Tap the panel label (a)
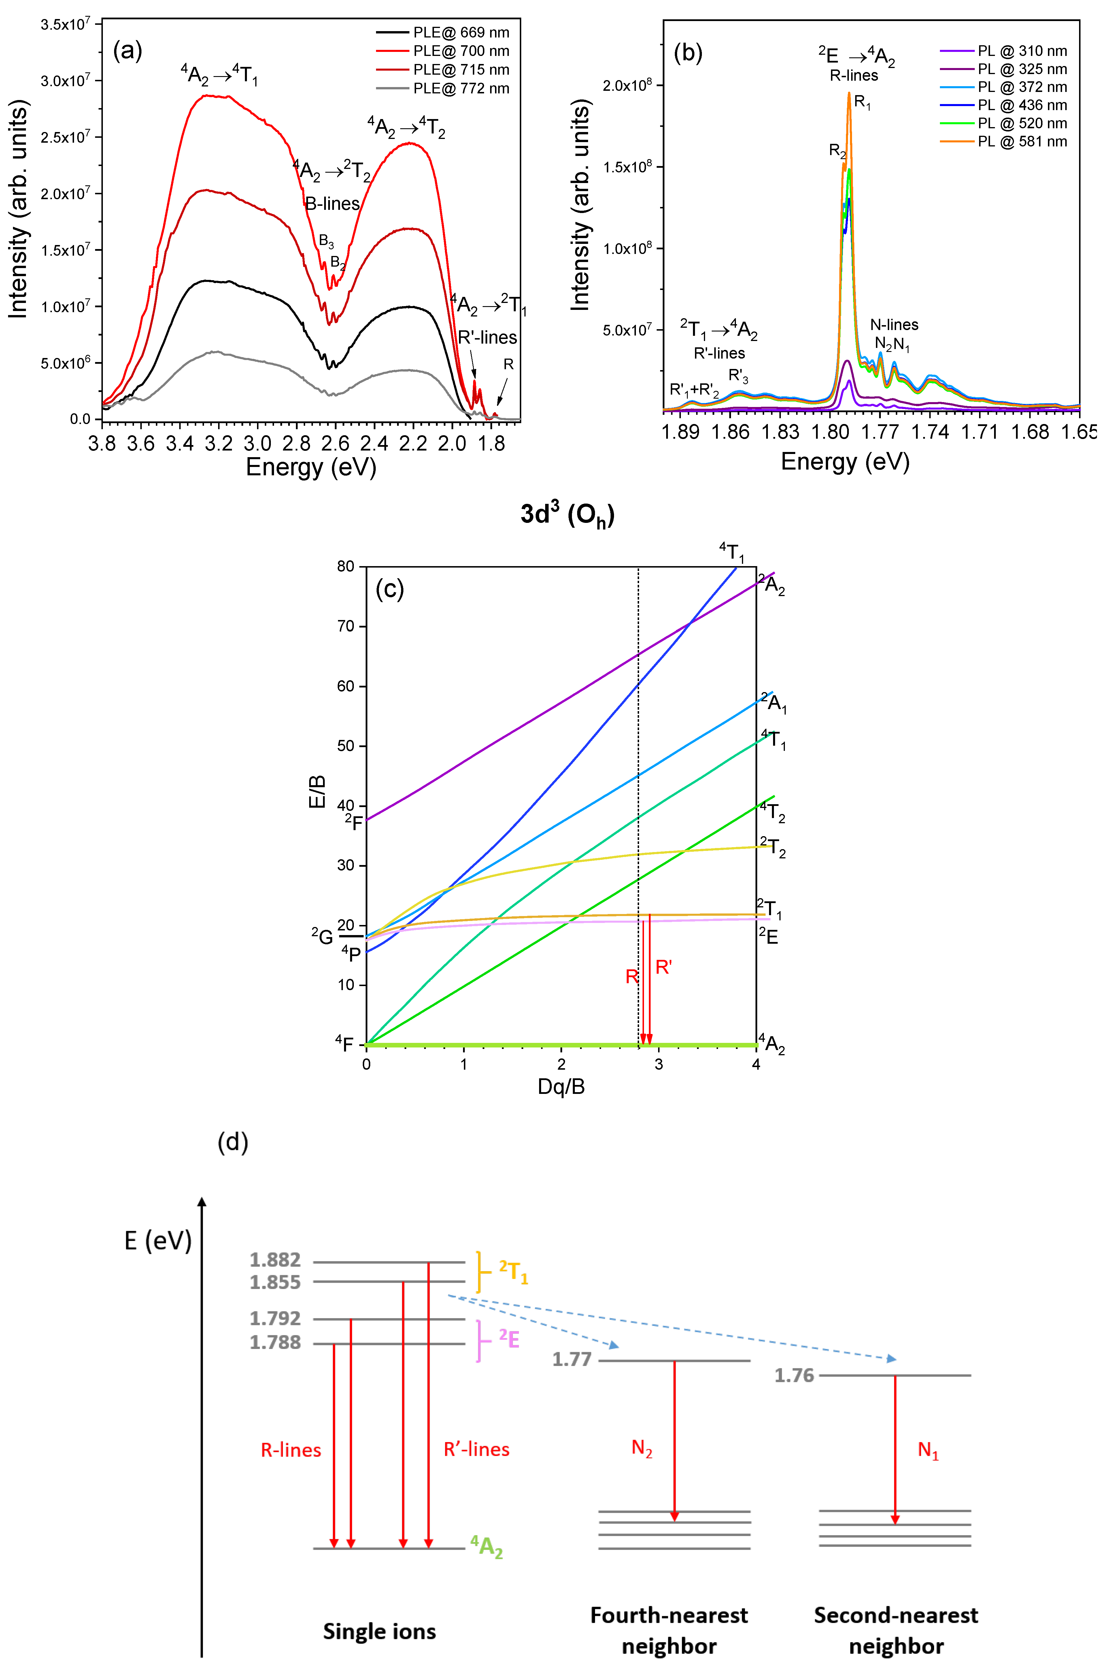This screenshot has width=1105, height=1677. [128, 51]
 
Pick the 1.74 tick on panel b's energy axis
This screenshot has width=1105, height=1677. [930, 432]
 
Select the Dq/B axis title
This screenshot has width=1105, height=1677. [561, 1086]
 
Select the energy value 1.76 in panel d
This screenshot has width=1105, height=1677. [794, 1375]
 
